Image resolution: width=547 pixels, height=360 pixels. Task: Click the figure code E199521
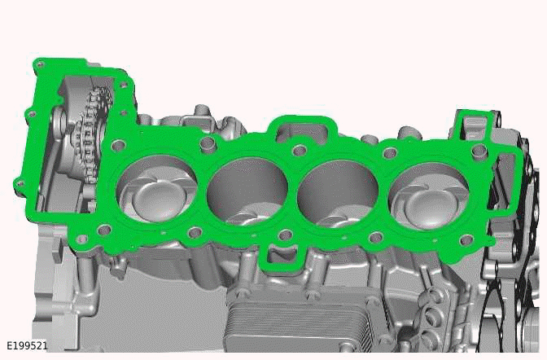coord(27,345)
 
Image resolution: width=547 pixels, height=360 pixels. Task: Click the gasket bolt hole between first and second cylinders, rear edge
coord(208,144)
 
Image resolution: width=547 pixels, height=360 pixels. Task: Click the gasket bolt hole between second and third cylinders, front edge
coord(284,236)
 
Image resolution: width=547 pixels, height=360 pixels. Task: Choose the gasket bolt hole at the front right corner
coord(466,239)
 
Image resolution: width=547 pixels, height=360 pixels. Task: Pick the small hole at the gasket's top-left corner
coord(39,65)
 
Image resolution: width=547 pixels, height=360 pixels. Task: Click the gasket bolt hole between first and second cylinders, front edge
coord(194,234)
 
